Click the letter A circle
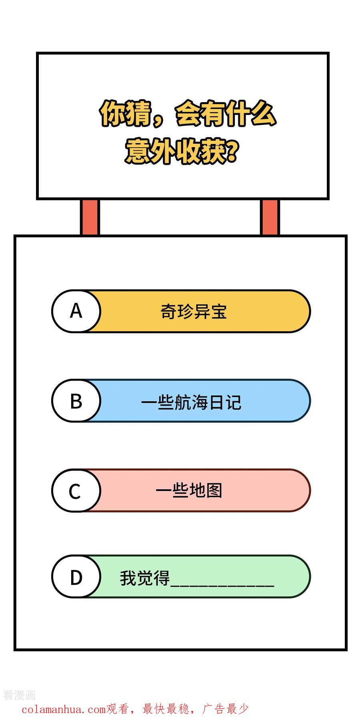point(76,311)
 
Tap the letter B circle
point(76,401)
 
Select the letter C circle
point(76,491)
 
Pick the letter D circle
point(76,577)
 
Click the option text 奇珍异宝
point(194,312)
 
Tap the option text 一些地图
point(189,491)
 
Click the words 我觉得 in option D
point(145,578)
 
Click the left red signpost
point(90,217)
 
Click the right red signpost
point(270,217)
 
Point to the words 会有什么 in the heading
point(226,114)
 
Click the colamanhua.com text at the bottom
point(64,710)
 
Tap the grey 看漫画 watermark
point(19,695)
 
